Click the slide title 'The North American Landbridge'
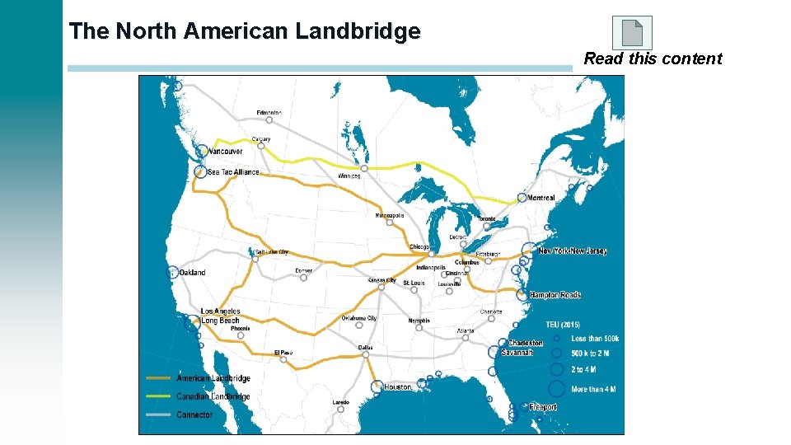tap(245, 31)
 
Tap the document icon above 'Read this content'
tap(632, 32)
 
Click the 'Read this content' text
tap(653, 59)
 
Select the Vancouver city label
tap(225, 152)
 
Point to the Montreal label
tap(541, 198)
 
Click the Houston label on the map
tap(397, 386)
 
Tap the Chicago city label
tap(419, 247)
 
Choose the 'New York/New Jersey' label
tap(572, 251)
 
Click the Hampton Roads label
tap(555, 294)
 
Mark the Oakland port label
tap(192, 273)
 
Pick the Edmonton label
tap(269, 112)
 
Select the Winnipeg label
tap(349, 176)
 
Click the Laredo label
tap(340, 402)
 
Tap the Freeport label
tap(542, 407)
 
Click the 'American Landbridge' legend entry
tap(213, 378)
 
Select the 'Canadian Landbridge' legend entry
tap(213, 396)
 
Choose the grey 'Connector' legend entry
tap(194, 415)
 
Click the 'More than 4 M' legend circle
tap(557, 389)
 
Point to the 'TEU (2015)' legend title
tap(563, 324)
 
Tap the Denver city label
tap(304, 270)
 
